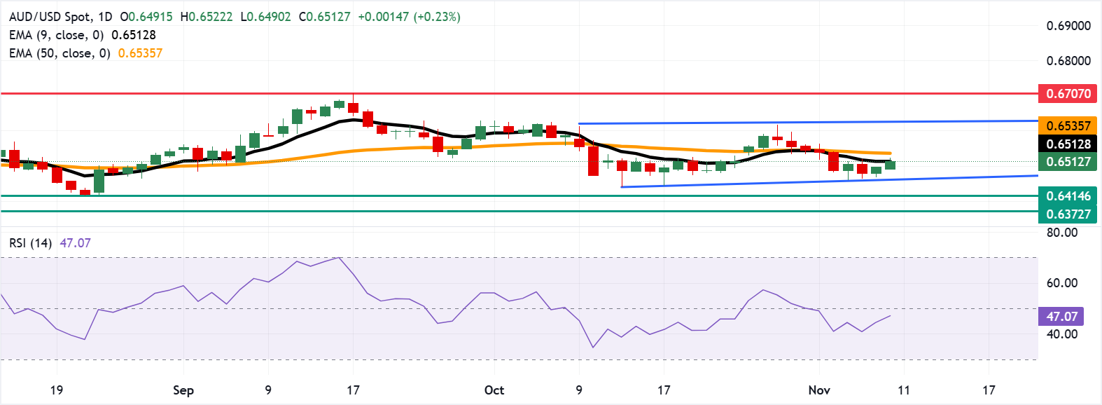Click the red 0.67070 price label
tap(1068, 93)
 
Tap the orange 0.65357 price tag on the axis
tap(1068, 126)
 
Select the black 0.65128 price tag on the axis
tap(1068, 144)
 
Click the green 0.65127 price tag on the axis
tap(1068, 162)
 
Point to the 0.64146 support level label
tap(1068, 196)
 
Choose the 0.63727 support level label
tap(1068, 214)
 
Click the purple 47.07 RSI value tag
tap(1061, 317)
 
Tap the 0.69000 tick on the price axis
tap(1068, 26)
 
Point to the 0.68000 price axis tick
tap(1068, 61)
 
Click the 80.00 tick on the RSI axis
tap(1062, 233)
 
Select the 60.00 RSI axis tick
tap(1062, 283)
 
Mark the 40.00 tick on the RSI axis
tap(1062, 334)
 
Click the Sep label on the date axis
tap(183, 390)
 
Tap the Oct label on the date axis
tap(494, 390)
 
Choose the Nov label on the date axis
tap(819, 390)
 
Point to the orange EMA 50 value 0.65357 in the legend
tap(140, 53)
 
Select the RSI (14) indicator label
tap(30, 243)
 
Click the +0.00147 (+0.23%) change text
tap(409, 17)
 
